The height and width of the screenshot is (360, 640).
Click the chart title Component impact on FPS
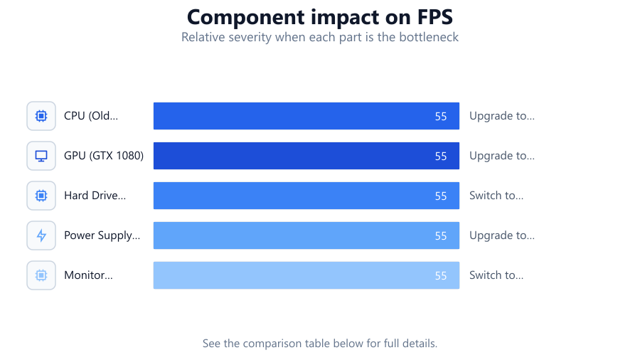(319, 17)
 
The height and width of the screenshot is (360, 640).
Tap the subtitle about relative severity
(319, 37)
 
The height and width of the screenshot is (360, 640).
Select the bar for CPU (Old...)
(306, 116)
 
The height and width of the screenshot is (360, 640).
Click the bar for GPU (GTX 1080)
(306, 156)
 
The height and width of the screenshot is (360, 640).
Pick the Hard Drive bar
(306, 196)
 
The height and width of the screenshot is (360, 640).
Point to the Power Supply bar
(306, 235)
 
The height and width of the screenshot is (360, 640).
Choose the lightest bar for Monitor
(306, 275)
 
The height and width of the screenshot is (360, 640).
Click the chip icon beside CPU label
(41, 116)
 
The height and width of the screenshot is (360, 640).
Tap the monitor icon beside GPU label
(41, 156)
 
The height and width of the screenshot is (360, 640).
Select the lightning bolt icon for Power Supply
(41, 235)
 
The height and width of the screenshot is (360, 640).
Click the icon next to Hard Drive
(41, 196)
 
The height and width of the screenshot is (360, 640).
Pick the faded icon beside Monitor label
(41, 275)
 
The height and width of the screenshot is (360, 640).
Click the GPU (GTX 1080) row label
(104, 156)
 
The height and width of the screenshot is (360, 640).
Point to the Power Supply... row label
(102, 235)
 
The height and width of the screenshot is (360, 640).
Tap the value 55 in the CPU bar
(441, 117)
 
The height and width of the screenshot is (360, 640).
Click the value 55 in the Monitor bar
(441, 275)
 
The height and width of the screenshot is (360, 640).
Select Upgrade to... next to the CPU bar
(501, 116)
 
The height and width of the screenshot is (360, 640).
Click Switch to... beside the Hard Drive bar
(496, 196)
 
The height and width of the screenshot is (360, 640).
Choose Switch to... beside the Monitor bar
(496, 275)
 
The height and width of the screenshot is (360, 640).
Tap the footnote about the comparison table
(319, 343)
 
